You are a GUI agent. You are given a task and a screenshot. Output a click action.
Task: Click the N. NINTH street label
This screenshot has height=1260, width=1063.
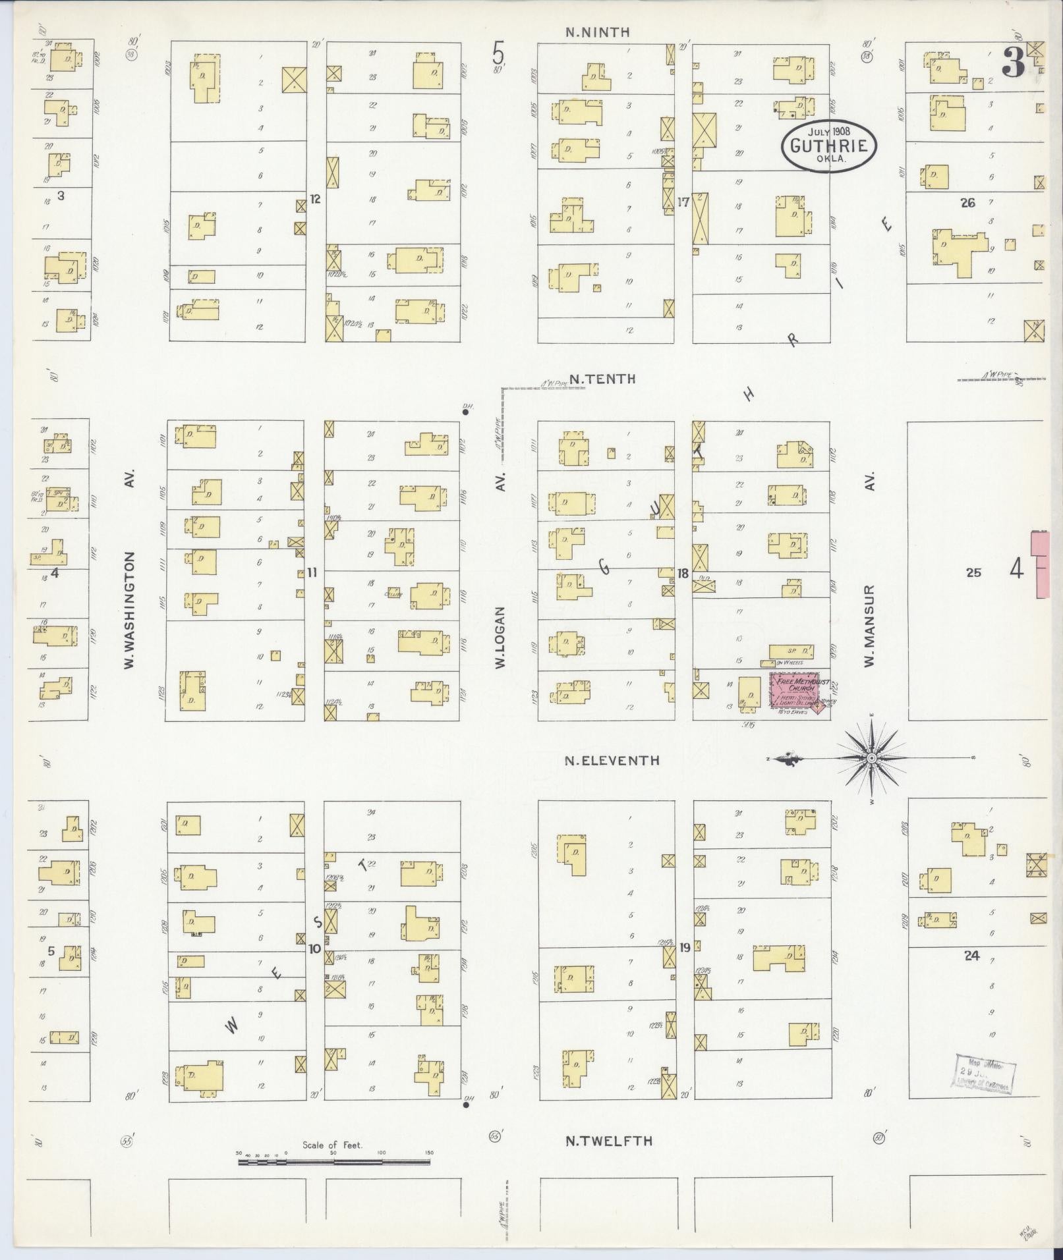tap(598, 32)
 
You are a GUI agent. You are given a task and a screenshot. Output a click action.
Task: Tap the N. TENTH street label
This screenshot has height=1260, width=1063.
tap(602, 379)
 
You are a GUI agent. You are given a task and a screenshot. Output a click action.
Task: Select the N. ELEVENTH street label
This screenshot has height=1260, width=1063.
tap(612, 760)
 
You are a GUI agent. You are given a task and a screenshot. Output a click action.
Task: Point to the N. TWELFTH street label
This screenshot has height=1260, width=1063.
tap(609, 1141)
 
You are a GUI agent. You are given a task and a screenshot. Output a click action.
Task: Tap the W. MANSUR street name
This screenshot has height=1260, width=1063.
tap(869, 626)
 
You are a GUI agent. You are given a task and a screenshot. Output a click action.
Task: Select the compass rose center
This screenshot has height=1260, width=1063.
tap(872, 759)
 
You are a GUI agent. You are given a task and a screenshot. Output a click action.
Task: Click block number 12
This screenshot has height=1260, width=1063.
tap(315, 198)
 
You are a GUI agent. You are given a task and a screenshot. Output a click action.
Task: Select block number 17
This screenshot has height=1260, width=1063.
tap(683, 202)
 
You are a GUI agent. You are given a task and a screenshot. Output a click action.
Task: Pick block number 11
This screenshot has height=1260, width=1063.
tap(312, 573)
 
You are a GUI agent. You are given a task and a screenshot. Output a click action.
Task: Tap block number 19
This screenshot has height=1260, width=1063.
tap(685, 948)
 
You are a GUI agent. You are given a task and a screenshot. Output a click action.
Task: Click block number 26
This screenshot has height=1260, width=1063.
tap(967, 203)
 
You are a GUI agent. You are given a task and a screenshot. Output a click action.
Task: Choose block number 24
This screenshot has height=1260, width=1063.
tap(971, 955)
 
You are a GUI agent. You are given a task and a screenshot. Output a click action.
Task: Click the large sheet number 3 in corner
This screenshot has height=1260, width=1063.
tap(1012, 64)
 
